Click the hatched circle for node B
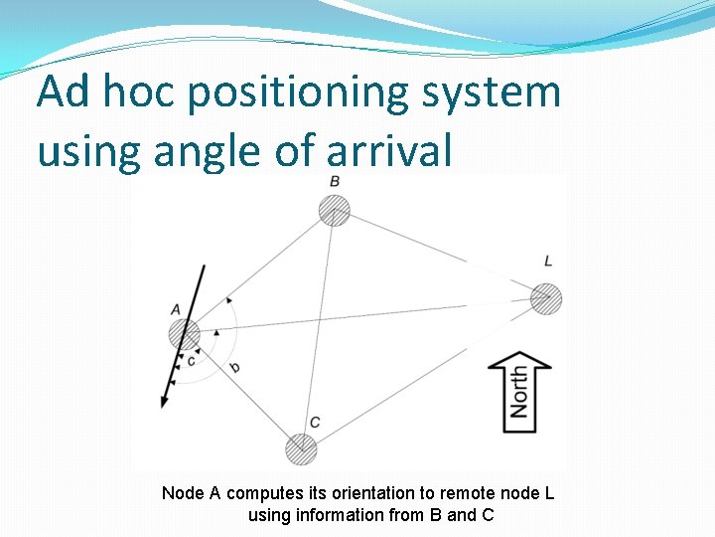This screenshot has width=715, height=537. tap(335, 211)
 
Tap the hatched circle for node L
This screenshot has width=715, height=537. tap(546, 298)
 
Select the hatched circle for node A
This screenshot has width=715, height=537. tap(184, 334)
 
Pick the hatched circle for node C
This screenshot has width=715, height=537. tap(301, 448)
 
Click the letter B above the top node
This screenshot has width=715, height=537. tap(335, 181)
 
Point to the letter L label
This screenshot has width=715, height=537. tap(548, 261)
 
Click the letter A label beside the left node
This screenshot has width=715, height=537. tap(176, 309)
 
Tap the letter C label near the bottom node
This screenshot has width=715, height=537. tap(315, 423)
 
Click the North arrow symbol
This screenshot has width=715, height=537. tap(519, 390)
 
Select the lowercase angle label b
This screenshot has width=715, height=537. tap(234, 368)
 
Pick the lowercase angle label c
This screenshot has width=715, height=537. tap(191, 360)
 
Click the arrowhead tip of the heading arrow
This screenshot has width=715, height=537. tap(162, 405)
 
